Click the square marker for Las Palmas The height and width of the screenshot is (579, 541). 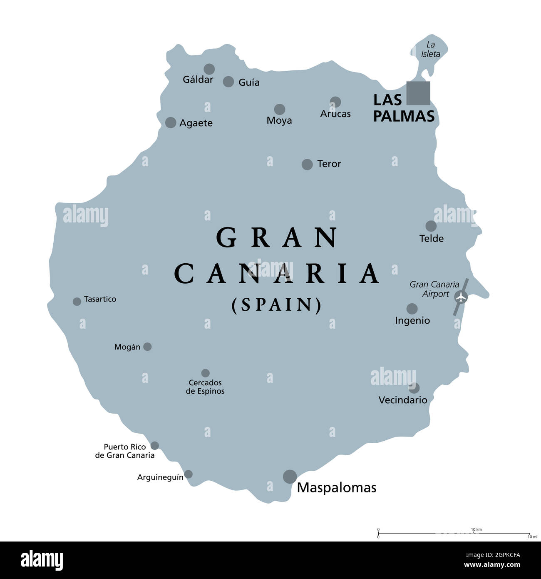tap(418, 93)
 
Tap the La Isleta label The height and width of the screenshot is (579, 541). tap(430, 49)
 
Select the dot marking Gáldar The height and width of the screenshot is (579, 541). tap(209, 69)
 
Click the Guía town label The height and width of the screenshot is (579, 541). tap(249, 82)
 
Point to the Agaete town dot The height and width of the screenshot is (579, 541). tap(171, 122)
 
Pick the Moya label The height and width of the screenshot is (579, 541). tap(279, 120)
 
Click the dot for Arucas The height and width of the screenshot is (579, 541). tap(335, 102)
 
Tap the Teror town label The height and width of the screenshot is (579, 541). tap(329, 164)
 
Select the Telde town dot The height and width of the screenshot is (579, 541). tap(431, 226)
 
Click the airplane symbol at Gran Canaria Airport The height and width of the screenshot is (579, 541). tap(461, 297)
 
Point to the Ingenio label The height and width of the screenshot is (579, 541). tap(412, 320)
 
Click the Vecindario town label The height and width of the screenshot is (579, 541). tap(403, 400)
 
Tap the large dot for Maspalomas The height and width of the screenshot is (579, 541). tap(290, 477)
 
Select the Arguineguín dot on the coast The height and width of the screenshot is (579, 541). tap(188, 474)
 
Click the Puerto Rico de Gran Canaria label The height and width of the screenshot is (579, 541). tap(125, 451)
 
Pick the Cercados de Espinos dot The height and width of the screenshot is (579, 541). tap(205, 373)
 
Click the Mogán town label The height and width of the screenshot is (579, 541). tap(127, 347)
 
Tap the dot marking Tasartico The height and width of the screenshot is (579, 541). tap(77, 302)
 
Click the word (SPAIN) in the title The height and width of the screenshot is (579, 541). tap(277, 305)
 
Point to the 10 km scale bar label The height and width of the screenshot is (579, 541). tap(476, 529)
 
